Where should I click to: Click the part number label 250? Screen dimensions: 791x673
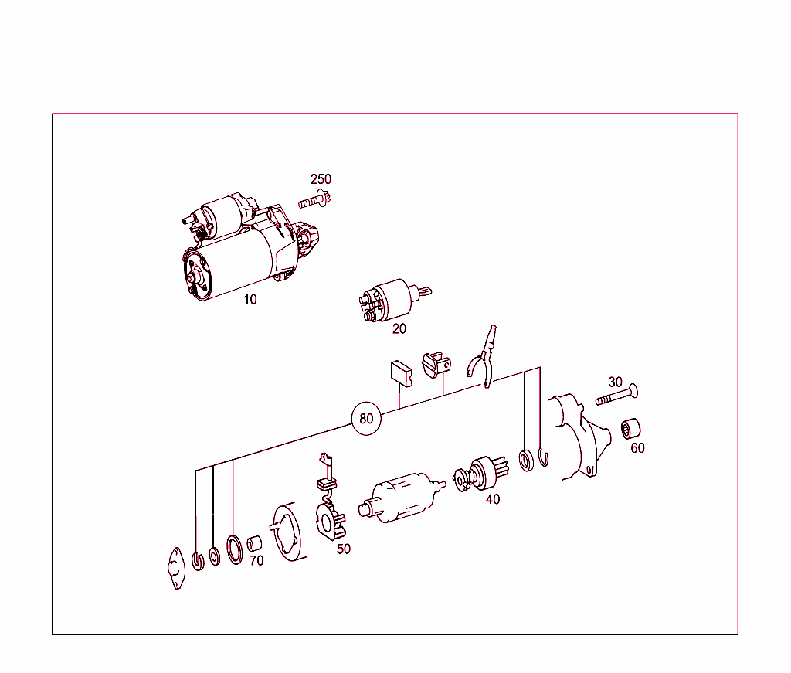(x=321, y=179)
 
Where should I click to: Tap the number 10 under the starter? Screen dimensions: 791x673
(x=250, y=300)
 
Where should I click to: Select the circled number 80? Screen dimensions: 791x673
(x=366, y=419)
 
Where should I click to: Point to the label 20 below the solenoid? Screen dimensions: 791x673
(x=399, y=329)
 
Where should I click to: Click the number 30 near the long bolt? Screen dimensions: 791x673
(x=615, y=382)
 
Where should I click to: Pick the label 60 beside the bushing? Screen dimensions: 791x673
(x=637, y=448)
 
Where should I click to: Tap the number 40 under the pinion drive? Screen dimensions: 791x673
(x=493, y=499)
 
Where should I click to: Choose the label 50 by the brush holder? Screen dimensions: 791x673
(x=344, y=549)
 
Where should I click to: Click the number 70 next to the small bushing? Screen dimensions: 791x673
(x=256, y=561)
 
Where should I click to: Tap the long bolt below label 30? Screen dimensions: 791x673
(x=616, y=395)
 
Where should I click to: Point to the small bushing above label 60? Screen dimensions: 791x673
(x=630, y=429)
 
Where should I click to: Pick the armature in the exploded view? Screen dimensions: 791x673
(x=402, y=498)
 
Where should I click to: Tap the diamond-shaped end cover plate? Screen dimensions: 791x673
(x=176, y=568)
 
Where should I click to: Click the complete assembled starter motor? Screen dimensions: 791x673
(x=251, y=246)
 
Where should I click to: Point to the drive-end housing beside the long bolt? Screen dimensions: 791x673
(x=580, y=437)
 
